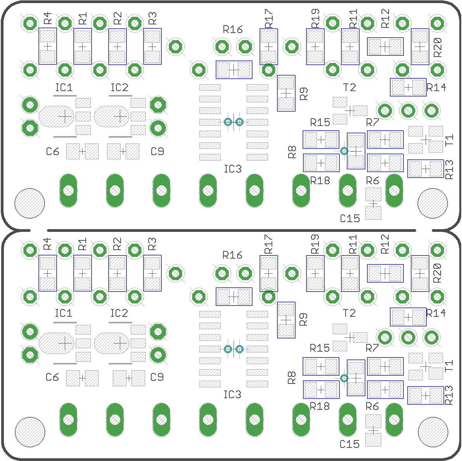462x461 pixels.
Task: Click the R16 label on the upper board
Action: tap(233, 29)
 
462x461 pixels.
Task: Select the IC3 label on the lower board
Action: tap(232, 394)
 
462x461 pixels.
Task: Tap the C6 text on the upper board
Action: tap(53, 152)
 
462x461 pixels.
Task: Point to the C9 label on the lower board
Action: tap(157, 377)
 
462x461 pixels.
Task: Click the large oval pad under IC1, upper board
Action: tap(56, 116)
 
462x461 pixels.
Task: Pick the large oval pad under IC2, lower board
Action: tap(111, 343)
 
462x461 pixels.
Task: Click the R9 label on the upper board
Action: tap(303, 93)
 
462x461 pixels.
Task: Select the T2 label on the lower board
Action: tap(349, 313)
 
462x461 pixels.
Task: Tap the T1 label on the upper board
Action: tap(449, 140)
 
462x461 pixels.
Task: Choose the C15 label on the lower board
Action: tap(350, 444)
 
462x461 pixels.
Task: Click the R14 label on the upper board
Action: tap(436, 87)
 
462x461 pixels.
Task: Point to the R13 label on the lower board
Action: tap(449, 395)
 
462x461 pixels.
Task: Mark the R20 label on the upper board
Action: tap(438, 47)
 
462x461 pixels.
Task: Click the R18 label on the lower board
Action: tap(320, 406)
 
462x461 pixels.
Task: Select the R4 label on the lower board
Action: tap(47, 244)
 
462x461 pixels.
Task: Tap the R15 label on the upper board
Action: tap(320, 122)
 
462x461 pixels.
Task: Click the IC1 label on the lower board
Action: tap(64, 313)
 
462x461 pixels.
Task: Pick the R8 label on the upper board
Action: tap(292, 152)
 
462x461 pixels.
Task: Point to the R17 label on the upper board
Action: tap(268, 18)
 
